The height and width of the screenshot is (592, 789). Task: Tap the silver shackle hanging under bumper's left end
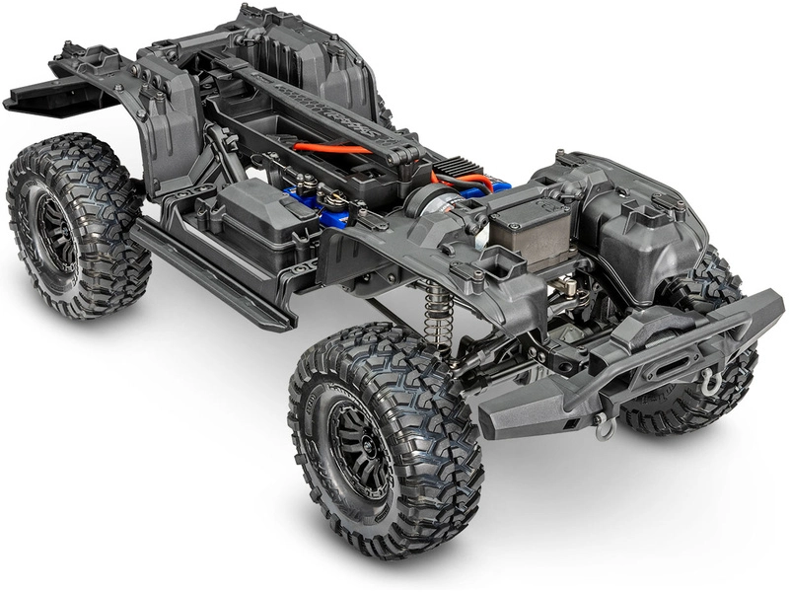pos(604,426)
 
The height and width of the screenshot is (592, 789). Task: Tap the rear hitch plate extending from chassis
pos(44,94)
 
